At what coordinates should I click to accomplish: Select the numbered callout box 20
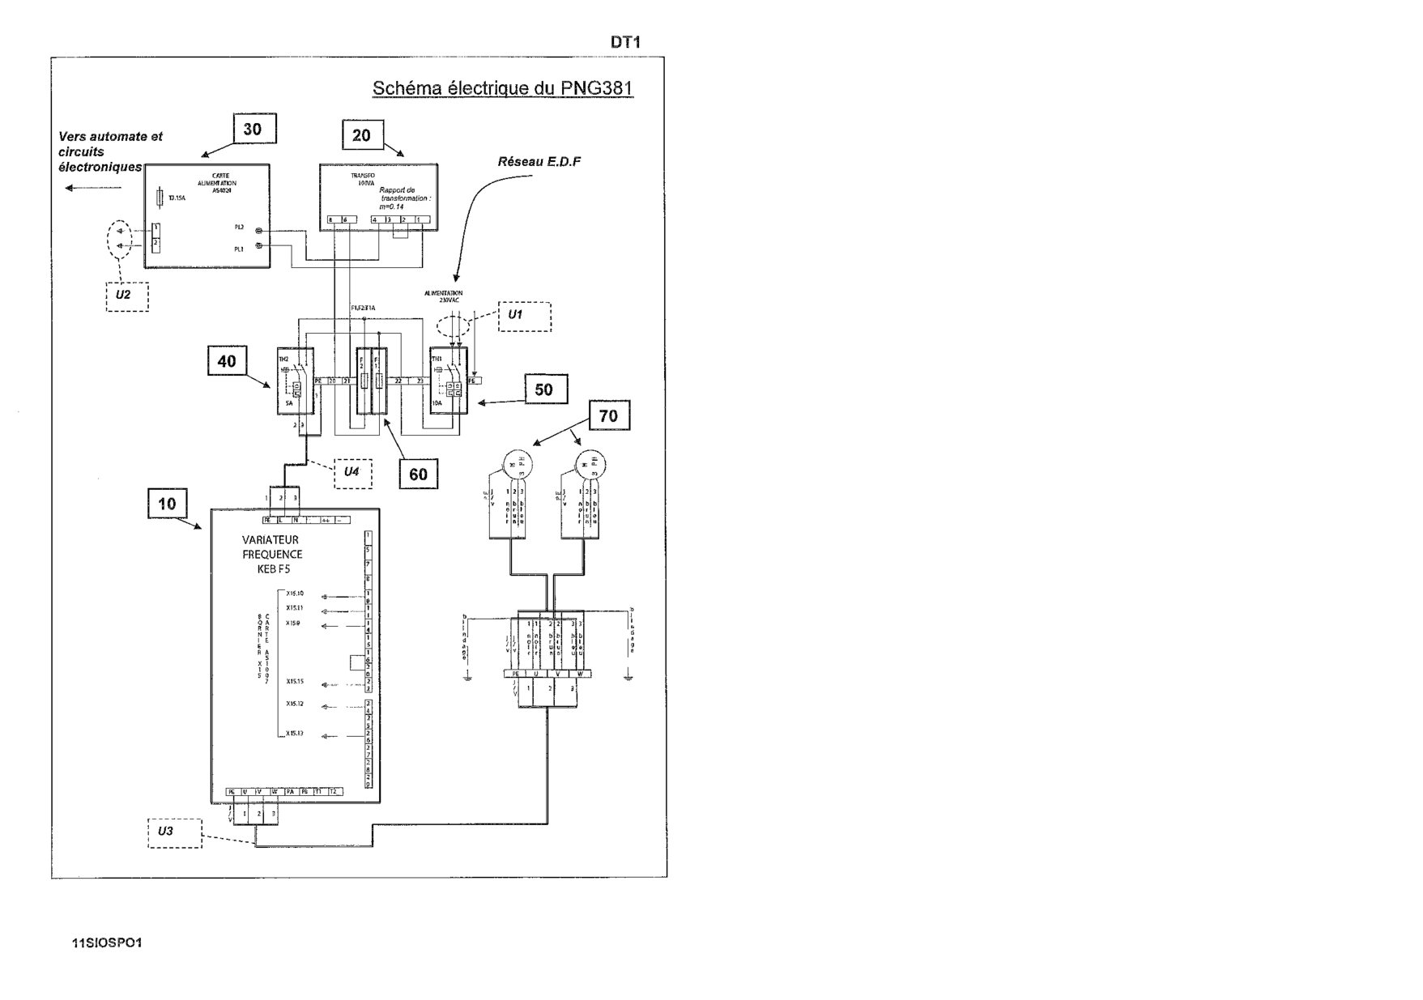(362, 135)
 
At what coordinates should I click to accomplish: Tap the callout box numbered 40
(227, 361)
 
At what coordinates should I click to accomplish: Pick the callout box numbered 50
(545, 389)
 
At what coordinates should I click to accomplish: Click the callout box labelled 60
(418, 474)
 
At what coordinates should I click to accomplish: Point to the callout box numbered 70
(608, 415)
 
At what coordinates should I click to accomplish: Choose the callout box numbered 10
(167, 504)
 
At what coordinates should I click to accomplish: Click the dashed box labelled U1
(525, 317)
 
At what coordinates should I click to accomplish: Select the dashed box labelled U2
(127, 296)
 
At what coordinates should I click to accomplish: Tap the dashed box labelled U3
(174, 832)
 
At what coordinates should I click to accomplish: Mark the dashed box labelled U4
(352, 473)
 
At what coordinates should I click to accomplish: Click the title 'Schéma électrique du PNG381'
(502, 88)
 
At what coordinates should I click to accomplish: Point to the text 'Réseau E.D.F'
(539, 162)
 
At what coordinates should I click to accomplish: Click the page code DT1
(625, 42)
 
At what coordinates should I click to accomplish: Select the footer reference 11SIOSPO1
(108, 943)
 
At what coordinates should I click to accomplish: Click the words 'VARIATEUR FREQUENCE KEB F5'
(272, 555)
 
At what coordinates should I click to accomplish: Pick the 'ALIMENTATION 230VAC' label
(444, 296)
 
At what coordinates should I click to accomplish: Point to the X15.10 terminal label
(294, 594)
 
